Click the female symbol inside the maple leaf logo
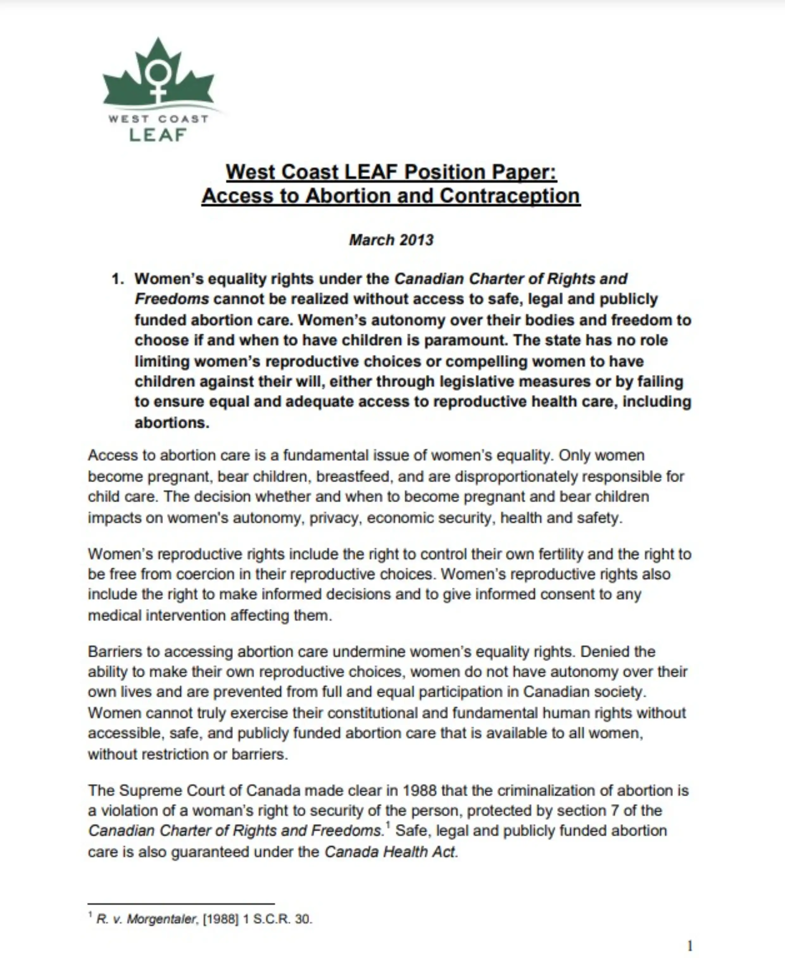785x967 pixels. click(x=158, y=80)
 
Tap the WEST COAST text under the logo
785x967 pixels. click(x=158, y=119)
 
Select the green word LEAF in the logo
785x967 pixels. click(x=158, y=135)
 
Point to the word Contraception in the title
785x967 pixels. click(x=510, y=196)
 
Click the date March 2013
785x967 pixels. click(x=391, y=240)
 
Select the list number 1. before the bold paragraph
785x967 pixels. click(x=118, y=279)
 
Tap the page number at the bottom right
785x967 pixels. click(x=690, y=946)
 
